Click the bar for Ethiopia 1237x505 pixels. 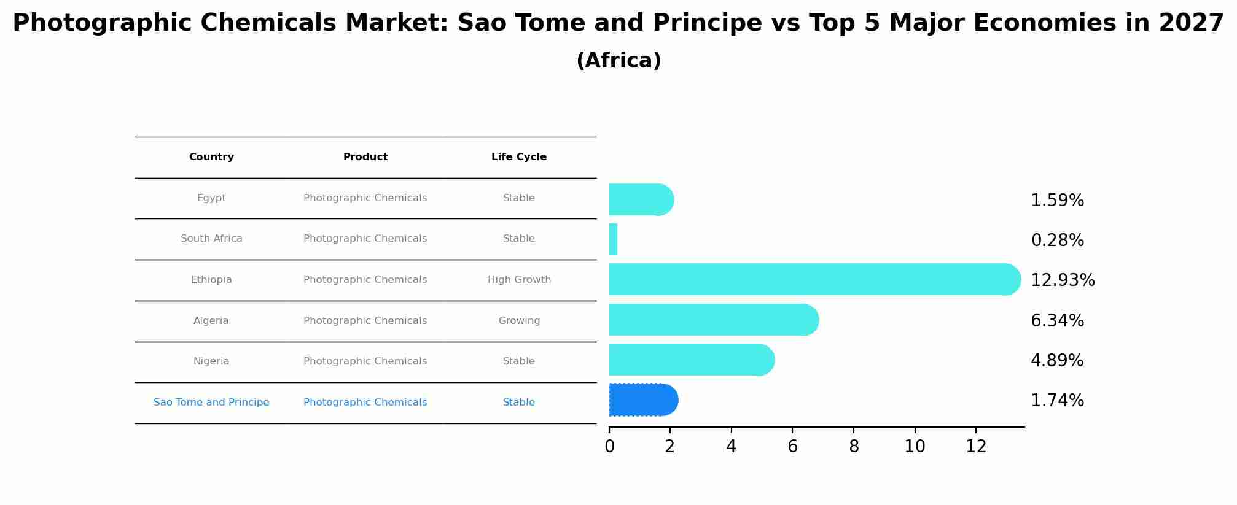[x=815, y=279]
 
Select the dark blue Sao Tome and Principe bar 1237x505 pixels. [x=644, y=400]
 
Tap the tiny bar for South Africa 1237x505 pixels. [x=614, y=239]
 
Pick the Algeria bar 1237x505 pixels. [x=714, y=320]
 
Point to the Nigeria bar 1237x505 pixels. [x=692, y=360]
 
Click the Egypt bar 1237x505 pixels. [x=642, y=199]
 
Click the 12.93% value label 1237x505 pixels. [x=1063, y=280]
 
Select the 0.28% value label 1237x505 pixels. [x=1058, y=241]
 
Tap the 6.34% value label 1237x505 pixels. [x=1058, y=321]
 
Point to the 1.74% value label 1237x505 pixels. [x=1058, y=401]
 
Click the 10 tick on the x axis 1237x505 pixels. [x=915, y=447]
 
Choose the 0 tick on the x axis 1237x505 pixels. [x=609, y=447]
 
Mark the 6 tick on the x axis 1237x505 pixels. [x=793, y=447]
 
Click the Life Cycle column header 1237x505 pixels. [x=519, y=157]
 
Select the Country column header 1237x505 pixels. [x=211, y=157]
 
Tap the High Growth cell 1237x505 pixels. [x=520, y=280]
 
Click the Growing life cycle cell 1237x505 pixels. [x=520, y=321]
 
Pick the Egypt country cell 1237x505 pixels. [x=211, y=198]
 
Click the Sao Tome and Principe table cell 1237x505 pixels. [x=211, y=403]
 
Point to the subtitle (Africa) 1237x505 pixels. [x=618, y=61]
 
